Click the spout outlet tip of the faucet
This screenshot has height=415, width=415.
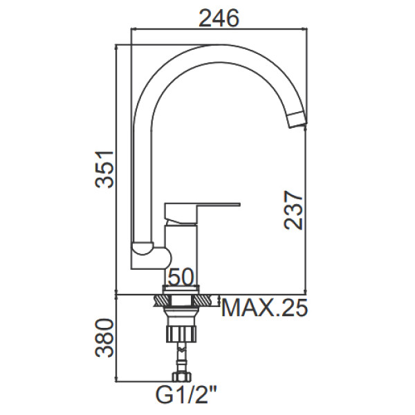click(x=297, y=122)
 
